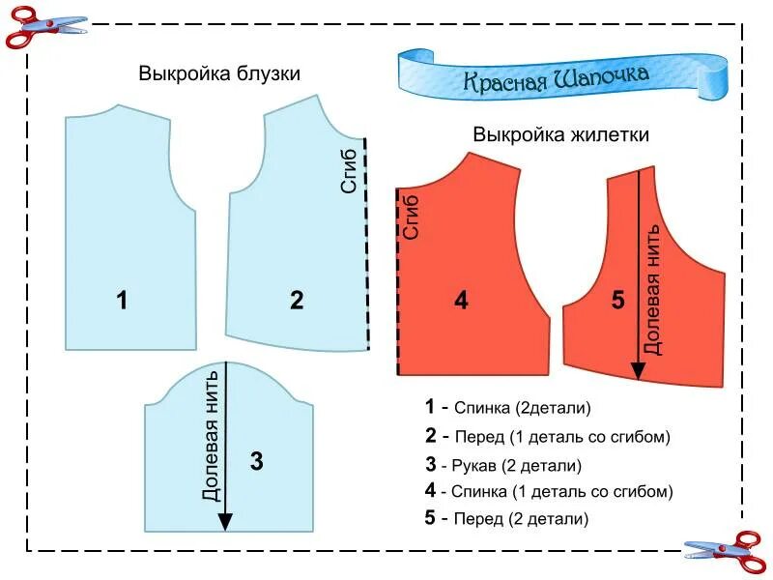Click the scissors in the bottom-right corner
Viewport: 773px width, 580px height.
click(x=724, y=551)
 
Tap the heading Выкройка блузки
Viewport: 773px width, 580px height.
click(x=219, y=73)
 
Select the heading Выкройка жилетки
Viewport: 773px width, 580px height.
click(x=560, y=134)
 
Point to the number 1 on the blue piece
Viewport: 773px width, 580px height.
click(x=122, y=300)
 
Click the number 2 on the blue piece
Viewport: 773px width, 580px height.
click(x=297, y=300)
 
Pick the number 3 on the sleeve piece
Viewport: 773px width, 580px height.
click(x=256, y=461)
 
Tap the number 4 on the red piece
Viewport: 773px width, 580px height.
click(x=461, y=301)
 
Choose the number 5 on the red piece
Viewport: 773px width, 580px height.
click(x=618, y=301)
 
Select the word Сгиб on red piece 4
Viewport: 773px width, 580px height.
click(x=413, y=217)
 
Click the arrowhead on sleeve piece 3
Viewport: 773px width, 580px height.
click(x=225, y=521)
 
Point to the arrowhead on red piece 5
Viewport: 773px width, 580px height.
click(x=638, y=370)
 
